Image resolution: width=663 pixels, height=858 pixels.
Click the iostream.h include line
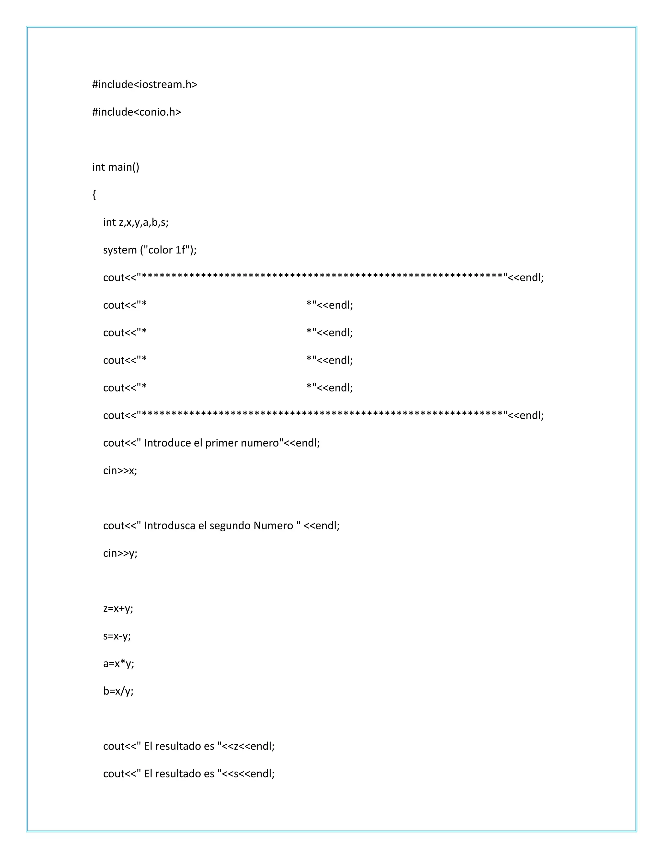[144, 85]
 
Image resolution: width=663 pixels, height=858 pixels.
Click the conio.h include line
[136, 112]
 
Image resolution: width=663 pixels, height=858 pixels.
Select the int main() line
[116, 167]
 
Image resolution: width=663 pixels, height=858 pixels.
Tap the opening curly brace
[94, 195]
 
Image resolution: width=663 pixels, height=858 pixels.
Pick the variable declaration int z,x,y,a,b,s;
[136, 222]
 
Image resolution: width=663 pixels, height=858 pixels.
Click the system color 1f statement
[150, 250]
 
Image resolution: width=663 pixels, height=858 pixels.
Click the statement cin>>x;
[120, 471]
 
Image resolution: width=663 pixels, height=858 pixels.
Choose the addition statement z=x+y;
[118, 609]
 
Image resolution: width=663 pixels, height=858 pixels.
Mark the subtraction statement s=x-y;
[117, 636]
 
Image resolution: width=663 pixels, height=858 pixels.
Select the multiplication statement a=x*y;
[118, 663]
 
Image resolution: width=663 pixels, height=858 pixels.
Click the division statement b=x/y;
[118, 691]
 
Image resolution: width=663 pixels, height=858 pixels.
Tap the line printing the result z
[188, 746]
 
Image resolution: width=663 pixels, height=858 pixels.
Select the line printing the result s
[188, 773]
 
